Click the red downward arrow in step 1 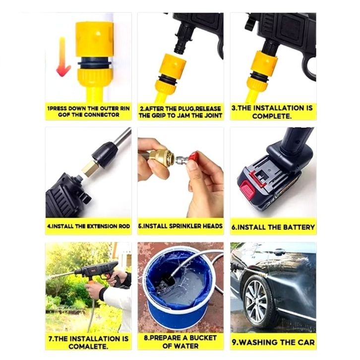(x=63, y=58)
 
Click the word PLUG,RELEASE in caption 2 (x=193, y=109)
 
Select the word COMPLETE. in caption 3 (x=272, y=116)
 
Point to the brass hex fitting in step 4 (x=90, y=169)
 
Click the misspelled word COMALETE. (x=88, y=347)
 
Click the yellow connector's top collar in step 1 (x=94, y=39)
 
